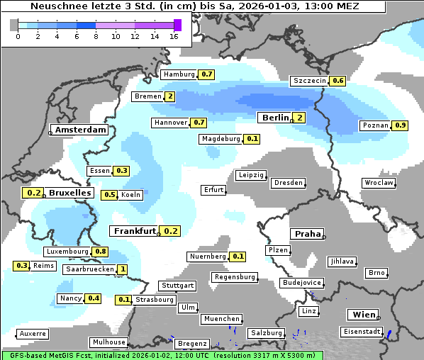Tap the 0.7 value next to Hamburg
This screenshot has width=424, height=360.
pos(206,74)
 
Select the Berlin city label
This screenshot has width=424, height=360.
pos(275,118)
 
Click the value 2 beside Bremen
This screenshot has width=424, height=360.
pos(170,97)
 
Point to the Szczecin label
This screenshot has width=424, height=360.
pos(310,81)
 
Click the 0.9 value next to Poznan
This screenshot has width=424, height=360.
pos(400,125)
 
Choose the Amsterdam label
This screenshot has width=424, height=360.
pos(80,130)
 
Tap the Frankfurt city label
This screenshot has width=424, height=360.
pos(135,231)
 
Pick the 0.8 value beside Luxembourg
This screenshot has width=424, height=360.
pos(100,252)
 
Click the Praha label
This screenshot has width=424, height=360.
pos(308,234)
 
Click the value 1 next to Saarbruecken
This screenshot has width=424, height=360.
pos(122,269)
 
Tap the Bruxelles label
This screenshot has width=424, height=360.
pos(69,193)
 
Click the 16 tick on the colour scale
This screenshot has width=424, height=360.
pos(174,36)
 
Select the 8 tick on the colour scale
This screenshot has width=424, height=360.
pos(96,36)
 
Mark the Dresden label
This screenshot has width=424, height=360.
pos(288,183)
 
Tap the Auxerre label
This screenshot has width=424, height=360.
pos(33,333)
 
